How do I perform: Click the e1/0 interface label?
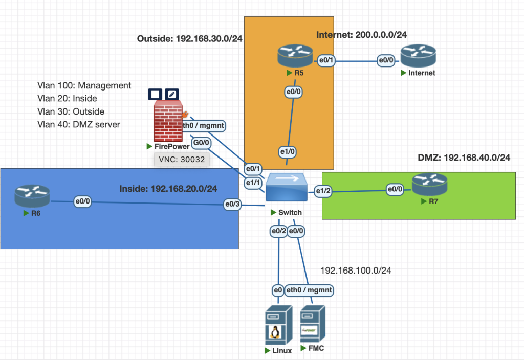288,152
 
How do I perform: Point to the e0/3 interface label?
233,205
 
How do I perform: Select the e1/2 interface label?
323,191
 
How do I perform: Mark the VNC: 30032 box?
182,160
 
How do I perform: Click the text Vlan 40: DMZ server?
79,124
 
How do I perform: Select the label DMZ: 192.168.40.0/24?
464,157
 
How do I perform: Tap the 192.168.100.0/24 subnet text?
355,269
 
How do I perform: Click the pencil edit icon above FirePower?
172,94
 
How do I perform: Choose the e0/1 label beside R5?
326,60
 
